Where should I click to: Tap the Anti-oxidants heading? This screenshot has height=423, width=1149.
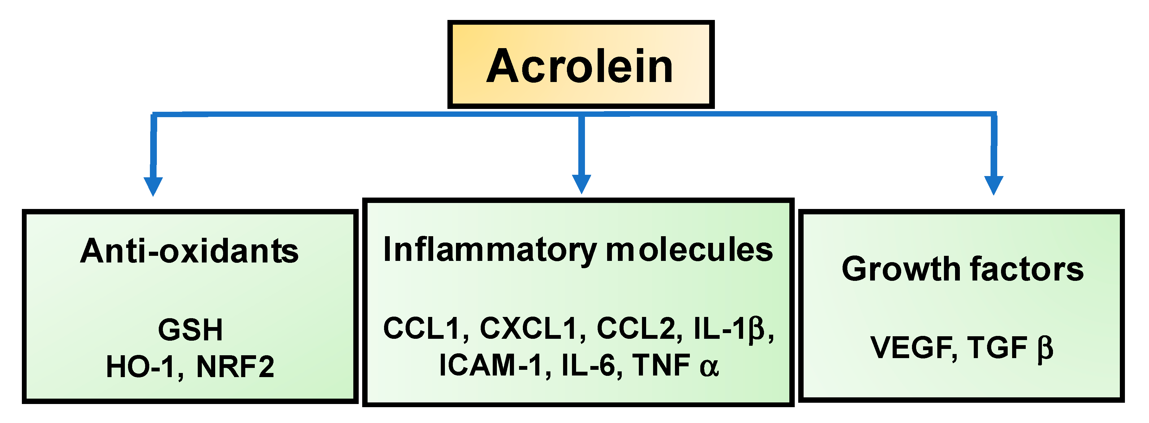click(189, 251)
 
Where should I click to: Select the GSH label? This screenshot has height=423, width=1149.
click(190, 330)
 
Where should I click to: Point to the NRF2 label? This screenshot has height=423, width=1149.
click(235, 367)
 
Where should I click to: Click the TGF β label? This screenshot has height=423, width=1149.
click(1010, 348)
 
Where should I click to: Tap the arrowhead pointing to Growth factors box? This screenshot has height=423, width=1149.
click(994, 185)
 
